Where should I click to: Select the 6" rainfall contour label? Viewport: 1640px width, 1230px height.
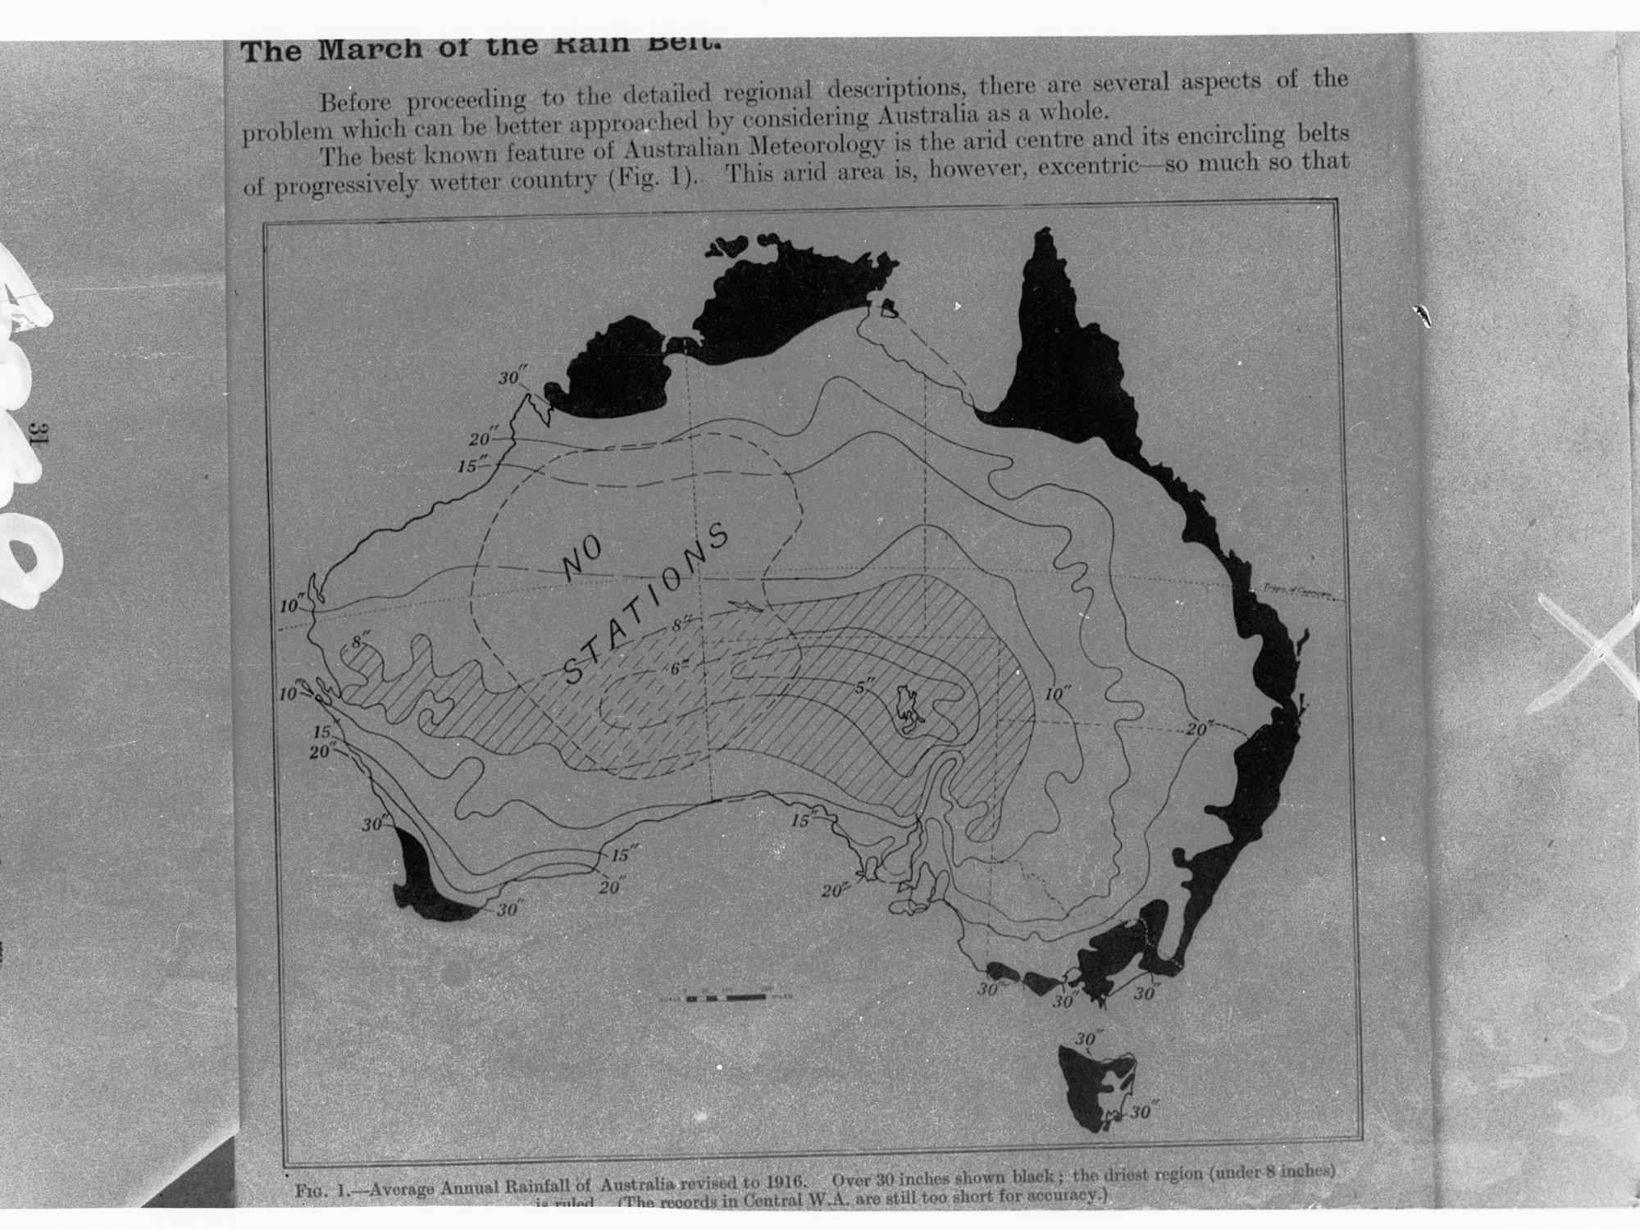677,667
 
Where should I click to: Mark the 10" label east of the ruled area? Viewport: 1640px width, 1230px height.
1059,695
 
